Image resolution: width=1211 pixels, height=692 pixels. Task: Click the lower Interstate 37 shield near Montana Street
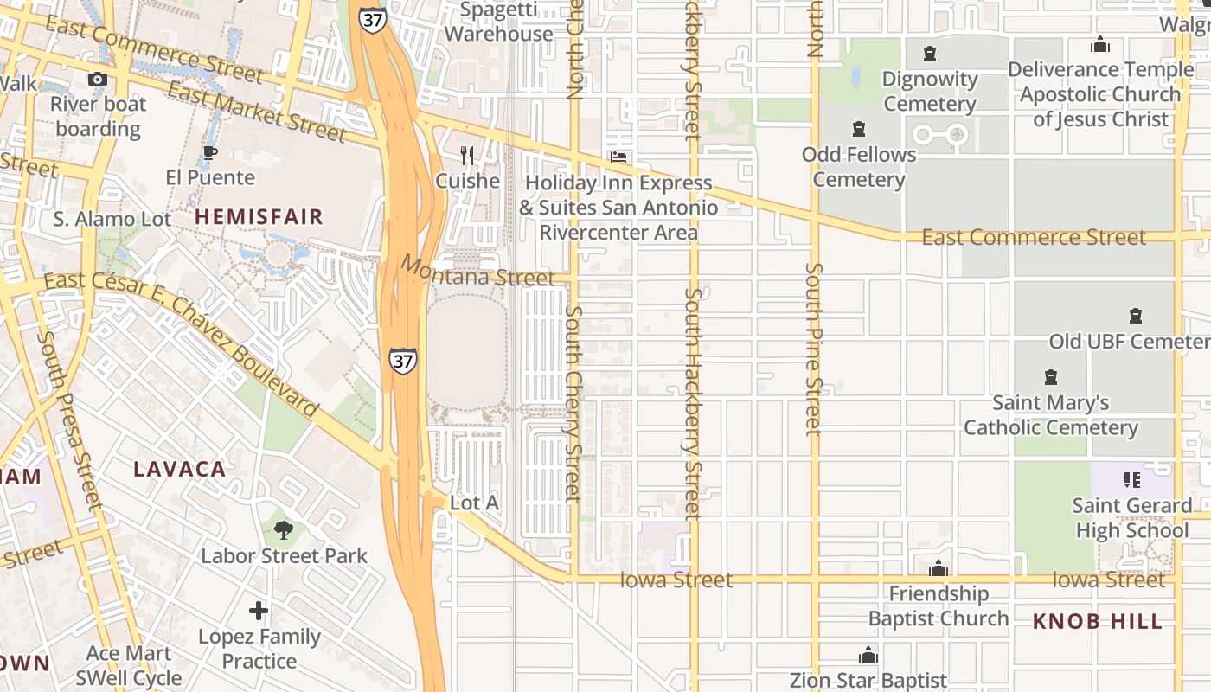click(402, 360)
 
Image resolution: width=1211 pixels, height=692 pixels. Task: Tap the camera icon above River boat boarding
click(98, 80)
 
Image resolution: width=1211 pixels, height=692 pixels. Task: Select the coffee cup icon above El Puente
click(209, 153)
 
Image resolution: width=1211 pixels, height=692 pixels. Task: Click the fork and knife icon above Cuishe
click(467, 156)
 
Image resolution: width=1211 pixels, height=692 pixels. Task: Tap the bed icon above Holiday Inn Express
click(618, 157)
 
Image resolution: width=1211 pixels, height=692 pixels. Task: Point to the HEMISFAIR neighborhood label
click(259, 217)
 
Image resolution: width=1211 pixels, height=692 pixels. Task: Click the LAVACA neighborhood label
click(180, 470)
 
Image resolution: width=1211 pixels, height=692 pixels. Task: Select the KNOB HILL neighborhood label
click(1098, 622)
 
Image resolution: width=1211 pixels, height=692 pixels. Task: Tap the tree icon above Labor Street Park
click(283, 529)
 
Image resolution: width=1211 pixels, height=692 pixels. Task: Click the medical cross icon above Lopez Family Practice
click(259, 611)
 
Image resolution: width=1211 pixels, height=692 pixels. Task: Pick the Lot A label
click(474, 503)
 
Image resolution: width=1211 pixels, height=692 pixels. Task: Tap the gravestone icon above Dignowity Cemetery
click(930, 54)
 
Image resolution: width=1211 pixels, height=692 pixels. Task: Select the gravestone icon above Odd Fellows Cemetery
click(858, 129)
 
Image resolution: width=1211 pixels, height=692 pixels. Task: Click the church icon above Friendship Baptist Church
click(939, 568)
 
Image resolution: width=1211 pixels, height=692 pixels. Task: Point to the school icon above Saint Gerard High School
click(1131, 479)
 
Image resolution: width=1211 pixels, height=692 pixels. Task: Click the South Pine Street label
click(813, 349)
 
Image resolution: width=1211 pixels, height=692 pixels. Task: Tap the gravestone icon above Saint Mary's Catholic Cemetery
click(1051, 377)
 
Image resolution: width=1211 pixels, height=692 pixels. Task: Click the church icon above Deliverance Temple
click(1100, 44)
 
